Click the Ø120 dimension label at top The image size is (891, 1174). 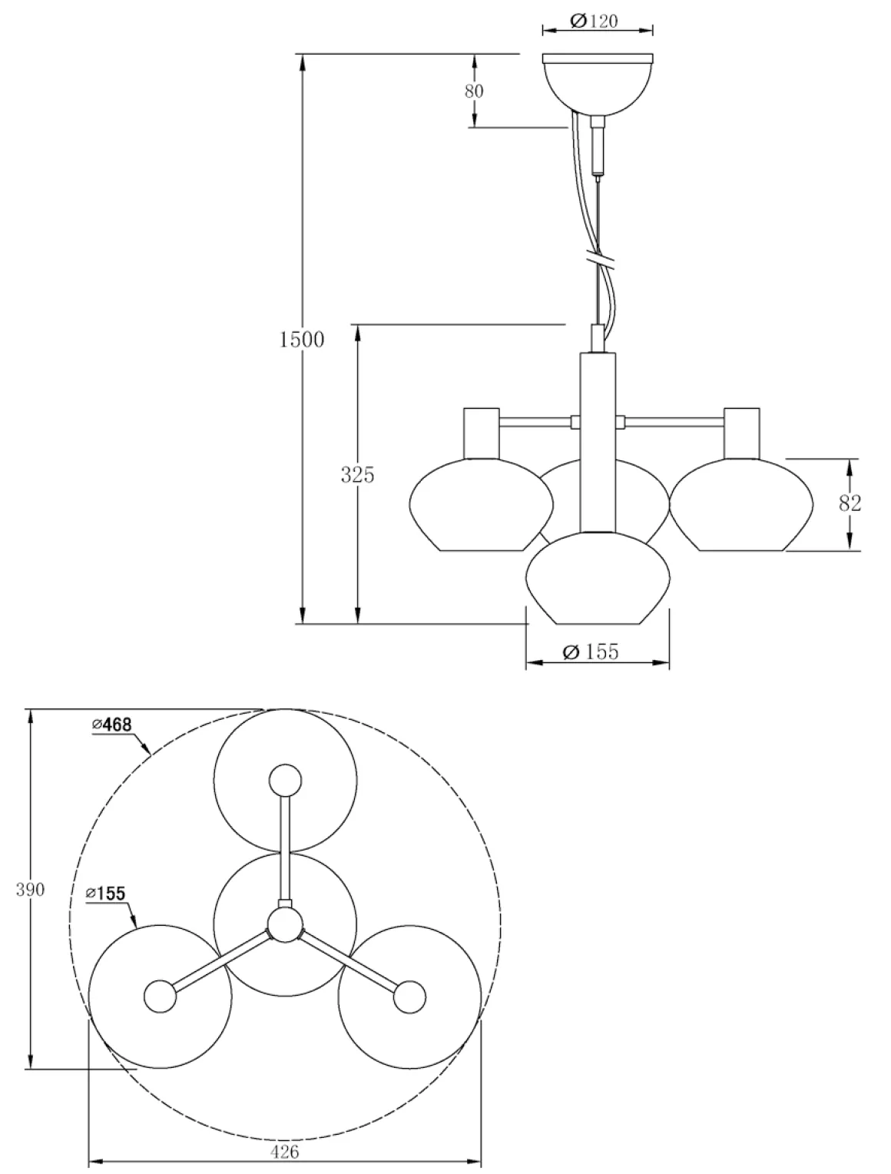pos(594,21)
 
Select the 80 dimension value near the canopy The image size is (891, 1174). pos(474,91)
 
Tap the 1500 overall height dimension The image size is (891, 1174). pos(302,340)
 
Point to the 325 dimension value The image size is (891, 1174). pos(358,474)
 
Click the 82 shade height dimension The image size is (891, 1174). pos(850,503)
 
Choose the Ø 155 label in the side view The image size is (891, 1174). pos(591,652)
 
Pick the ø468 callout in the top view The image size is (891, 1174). pos(111,725)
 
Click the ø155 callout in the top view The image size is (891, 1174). pos(106,894)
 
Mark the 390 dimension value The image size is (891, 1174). pos(30,890)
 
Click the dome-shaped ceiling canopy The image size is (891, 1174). pos(598,84)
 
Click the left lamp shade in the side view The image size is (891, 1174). pos(481,504)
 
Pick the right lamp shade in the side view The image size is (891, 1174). pos(741,504)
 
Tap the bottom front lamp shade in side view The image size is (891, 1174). pos(598,578)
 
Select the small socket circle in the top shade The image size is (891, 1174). pos(285,781)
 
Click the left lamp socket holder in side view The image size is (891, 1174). pos(481,433)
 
